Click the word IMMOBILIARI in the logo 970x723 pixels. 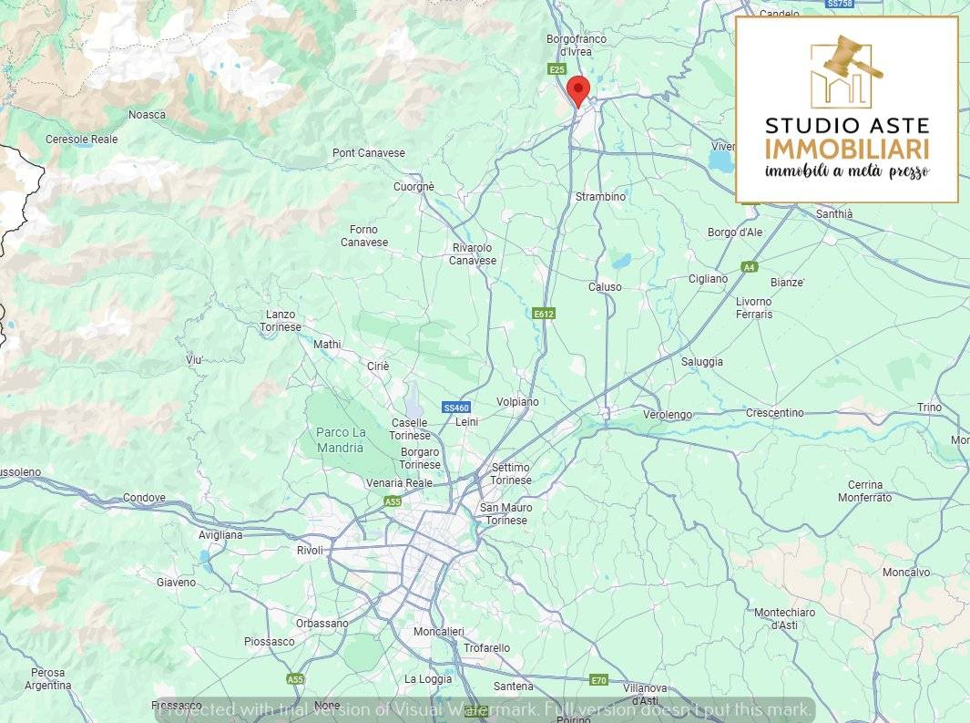(847, 150)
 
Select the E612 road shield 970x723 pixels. (544, 314)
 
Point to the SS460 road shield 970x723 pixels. (455, 408)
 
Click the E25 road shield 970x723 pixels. (557, 69)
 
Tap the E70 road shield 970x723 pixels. (598, 680)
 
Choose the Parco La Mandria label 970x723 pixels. (341, 439)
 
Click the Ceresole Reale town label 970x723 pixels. (82, 139)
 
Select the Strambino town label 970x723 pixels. (600, 197)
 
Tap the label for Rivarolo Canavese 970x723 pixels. (473, 254)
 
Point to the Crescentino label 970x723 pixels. (774, 413)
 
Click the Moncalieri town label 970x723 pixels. (438, 631)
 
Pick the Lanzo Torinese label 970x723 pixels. (280, 321)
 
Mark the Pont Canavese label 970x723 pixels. (369, 153)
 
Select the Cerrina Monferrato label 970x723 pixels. (864, 491)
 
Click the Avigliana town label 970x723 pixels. (220, 535)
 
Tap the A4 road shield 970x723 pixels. (749, 267)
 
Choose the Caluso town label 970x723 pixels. (605, 287)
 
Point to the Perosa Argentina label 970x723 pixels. (47, 679)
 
